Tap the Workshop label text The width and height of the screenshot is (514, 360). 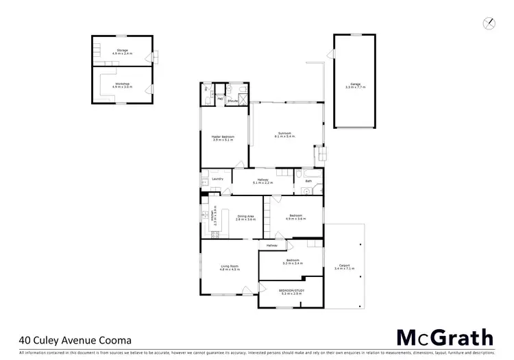(122, 85)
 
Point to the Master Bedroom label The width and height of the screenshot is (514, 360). (223, 139)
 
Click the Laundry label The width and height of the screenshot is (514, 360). (218, 179)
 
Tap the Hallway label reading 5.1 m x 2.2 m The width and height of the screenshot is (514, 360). (263, 181)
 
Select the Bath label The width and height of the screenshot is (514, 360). (308, 181)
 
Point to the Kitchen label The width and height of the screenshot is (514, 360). (215, 217)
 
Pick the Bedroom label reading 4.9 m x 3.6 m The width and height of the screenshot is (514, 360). (295, 217)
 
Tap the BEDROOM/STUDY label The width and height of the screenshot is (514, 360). (293, 292)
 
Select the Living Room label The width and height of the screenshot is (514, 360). (229, 267)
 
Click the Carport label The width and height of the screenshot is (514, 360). (344, 269)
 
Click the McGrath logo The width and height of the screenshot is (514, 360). (445, 337)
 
